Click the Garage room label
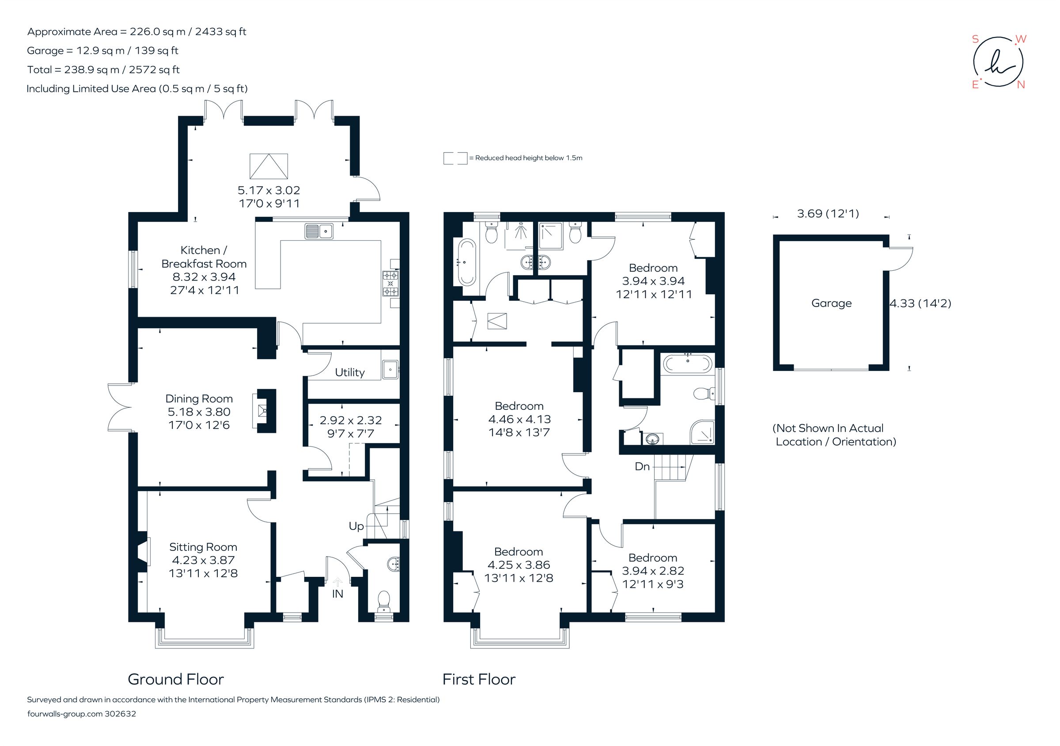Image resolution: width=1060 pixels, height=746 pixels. point(831,303)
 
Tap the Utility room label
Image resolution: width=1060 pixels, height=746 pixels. point(349,372)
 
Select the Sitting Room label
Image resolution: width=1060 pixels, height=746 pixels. point(203,547)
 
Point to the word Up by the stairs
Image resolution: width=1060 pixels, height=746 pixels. point(356,526)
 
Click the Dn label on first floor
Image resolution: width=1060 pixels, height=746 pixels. point(642,467)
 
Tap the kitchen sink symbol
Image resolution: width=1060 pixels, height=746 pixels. point(318,231)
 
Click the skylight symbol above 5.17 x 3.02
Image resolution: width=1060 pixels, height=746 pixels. point(269,166)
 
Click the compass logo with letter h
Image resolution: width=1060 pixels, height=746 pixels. point(998,62)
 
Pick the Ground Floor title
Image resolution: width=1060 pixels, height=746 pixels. point(175,679)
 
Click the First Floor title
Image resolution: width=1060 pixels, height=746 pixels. point(479,679)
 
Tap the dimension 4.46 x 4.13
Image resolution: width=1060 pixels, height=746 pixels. point(519,419)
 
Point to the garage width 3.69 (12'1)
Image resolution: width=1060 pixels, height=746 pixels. point(828,214)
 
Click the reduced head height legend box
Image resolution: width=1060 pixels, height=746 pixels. point(455,158)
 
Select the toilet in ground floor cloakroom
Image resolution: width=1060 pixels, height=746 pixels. point(384,601)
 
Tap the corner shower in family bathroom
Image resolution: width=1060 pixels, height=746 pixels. point(702,432)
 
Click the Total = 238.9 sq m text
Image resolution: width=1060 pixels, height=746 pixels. point(103,70)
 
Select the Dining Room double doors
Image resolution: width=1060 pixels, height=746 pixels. point(119,408)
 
